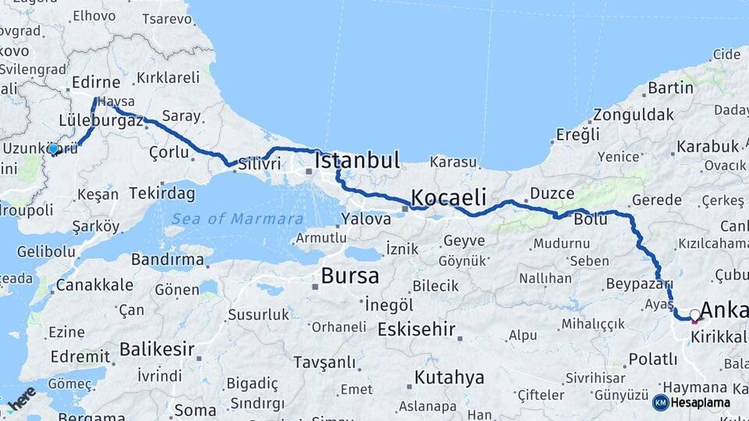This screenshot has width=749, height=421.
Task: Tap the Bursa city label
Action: click(x=350, y=276)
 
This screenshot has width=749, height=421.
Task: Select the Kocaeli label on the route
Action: click(x=449, y=196)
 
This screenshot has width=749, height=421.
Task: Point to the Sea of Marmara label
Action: click(x=238, y=219)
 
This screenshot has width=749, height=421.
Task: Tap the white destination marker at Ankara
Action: click(x=694, y=315)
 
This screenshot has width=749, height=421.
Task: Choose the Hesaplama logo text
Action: click(x=700, y=402)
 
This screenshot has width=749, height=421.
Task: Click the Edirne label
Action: click(x=96, y=83)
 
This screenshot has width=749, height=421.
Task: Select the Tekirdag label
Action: click(x=162, y=193)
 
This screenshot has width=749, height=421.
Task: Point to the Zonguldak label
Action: click(x=633, y=115)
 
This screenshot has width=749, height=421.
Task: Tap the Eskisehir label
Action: click(x=416, y=329)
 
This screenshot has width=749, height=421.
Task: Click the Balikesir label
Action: click(x=157, y=349)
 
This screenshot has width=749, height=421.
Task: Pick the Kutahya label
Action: click(x=449, y=378)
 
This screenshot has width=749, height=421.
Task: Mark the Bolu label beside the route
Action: click(x=590, y=220)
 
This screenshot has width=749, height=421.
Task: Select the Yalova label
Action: click(x=365, y=219)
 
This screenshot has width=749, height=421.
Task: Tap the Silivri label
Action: click(x=260, y=164)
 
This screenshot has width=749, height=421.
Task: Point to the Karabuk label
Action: click(x=708, y=147)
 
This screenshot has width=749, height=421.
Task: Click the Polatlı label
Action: click(x=653, y=359)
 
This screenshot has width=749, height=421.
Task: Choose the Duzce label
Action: click(x=552, y=193)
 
